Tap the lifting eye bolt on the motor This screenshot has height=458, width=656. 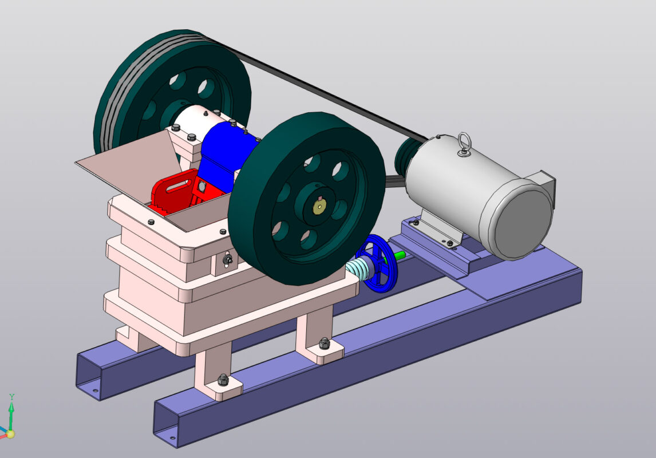(464, 144)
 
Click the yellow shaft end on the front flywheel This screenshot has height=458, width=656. (320, 206)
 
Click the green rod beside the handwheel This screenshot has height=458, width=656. (398, 255)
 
